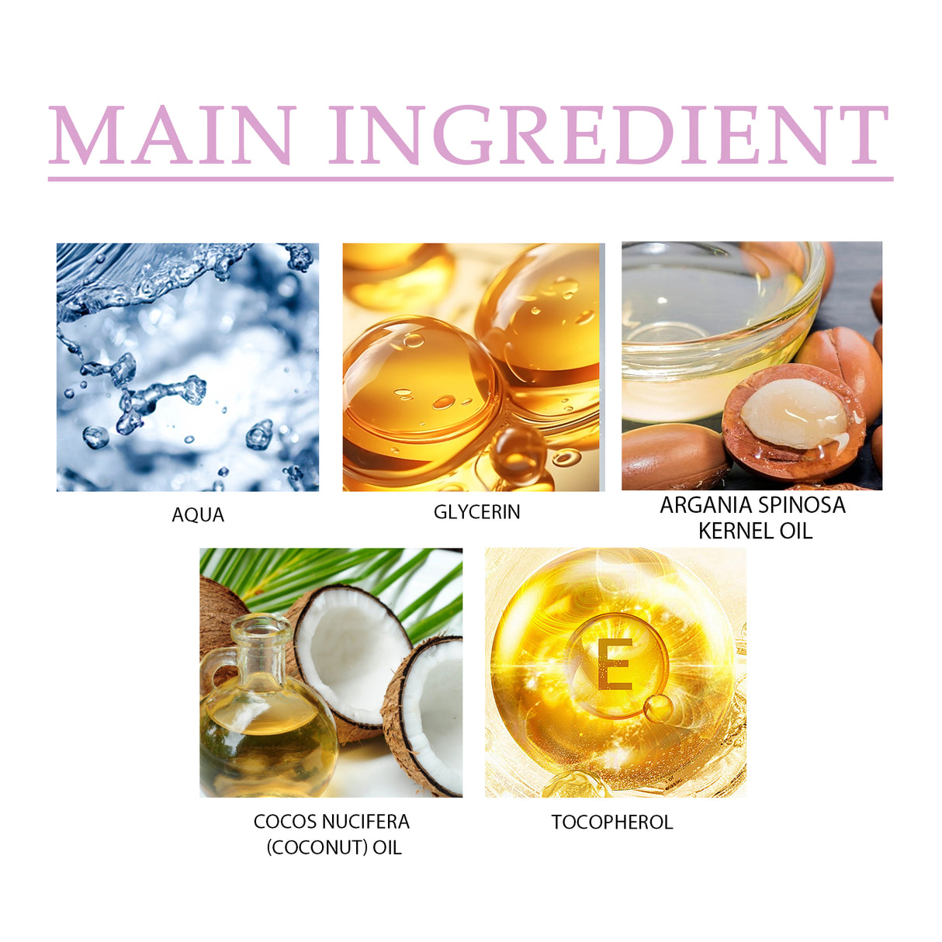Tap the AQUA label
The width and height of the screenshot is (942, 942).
(x=198, y=515)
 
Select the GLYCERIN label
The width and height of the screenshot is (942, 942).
(x=476, y=512)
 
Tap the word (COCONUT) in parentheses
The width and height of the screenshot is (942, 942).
(x=317, y=847)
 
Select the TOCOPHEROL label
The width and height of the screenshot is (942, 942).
(x=612, y=823)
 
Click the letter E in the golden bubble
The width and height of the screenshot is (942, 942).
(x=615, y=664)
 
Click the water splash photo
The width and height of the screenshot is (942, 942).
(x=187, y=367)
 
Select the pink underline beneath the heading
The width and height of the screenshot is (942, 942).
(x=470, y=179)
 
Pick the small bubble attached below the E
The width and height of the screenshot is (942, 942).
(x=658, y=707)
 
